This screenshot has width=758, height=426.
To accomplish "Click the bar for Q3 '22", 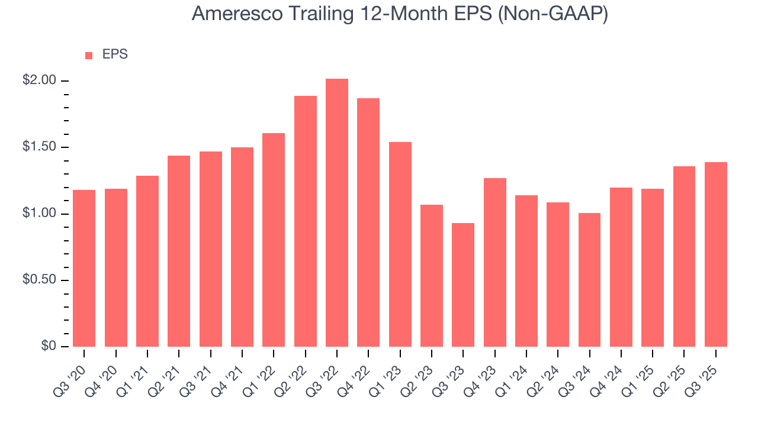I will tap(337, 213).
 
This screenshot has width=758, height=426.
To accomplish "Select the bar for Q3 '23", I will tap(463, 285).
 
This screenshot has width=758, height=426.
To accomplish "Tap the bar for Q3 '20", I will tap(84, 268).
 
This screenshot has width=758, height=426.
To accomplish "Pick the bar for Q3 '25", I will tap(716, 254).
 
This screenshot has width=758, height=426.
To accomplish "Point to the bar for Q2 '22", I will tap(306, 221).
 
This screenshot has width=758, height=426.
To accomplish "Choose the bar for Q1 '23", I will tap(400, 244).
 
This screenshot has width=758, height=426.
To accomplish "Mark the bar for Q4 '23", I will tap(495, 262).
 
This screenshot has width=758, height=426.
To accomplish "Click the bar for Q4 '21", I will tap(242, 247).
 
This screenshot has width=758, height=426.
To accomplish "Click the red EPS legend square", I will tap(89, 55).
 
